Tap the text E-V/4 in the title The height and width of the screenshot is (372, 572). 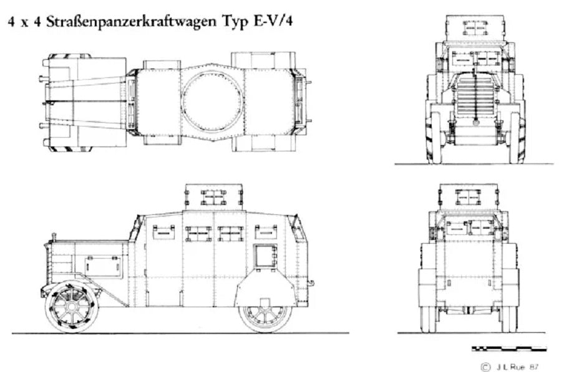click(x=272, y=21)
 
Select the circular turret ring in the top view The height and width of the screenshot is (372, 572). click(x=212, y=102)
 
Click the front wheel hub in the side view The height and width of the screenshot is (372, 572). click(x=72, y=307)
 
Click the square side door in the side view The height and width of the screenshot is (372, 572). click(x=266, y=255)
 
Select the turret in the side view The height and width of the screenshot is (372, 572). click(x=214, y=197)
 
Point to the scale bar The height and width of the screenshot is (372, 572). click(x=509, y=349)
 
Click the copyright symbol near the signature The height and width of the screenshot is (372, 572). click(x=485, y=366)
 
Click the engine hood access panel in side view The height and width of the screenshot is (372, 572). click(x=102, y=266)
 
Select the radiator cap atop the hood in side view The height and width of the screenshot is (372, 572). click(x=54, y=237)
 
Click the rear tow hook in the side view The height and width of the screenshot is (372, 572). click(x=311, y=283)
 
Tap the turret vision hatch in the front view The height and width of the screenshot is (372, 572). click(x=475, y=28)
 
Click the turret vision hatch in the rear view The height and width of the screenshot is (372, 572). click(x=468, y=198)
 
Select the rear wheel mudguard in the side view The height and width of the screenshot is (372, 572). click(x=266, y=288)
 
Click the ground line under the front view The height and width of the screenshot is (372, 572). click(x=474, y=164)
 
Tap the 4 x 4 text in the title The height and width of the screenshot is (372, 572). click(x=24, y=22)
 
